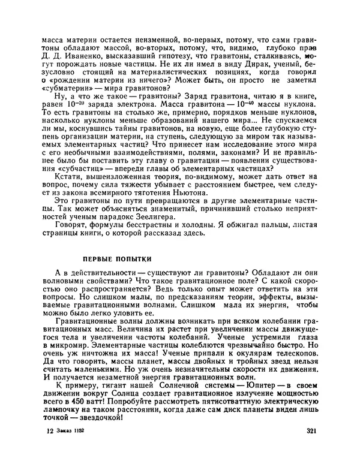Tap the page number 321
click(x=311, y=448)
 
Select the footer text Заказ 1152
click(x=71, y=448)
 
